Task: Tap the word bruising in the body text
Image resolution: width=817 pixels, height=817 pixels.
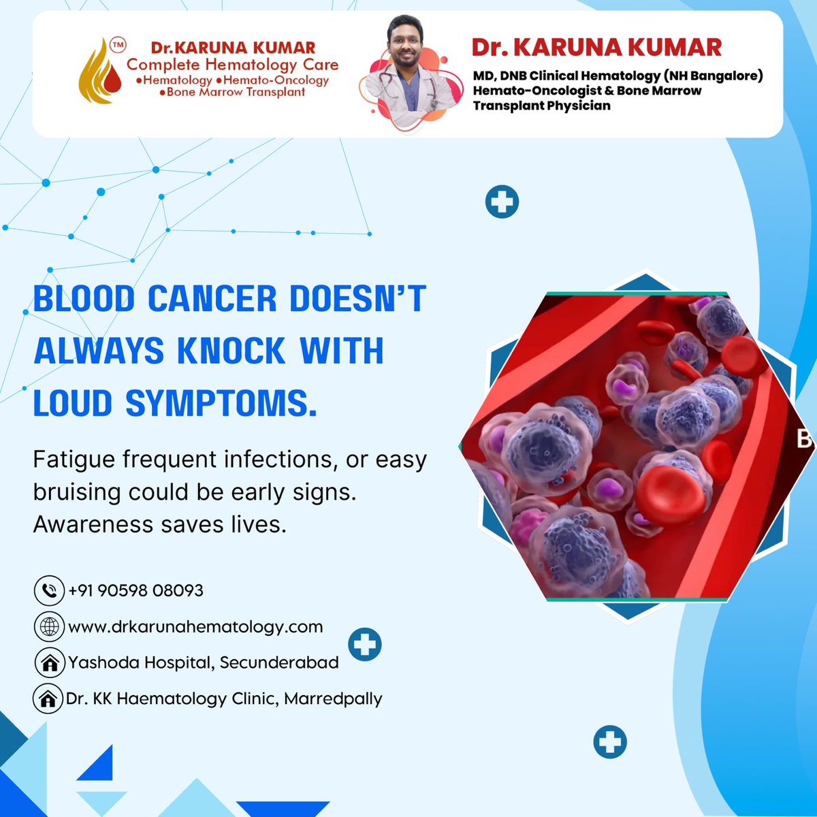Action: pyautogui.click(x=77, y=492)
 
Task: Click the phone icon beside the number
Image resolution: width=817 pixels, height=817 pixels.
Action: pyautogui.click(x=49, y=590)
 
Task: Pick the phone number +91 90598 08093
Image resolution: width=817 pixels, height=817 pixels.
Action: pyautogui.click(x=135, y=590)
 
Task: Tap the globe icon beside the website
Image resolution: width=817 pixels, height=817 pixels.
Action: pyautogui.click(x=49, y=627)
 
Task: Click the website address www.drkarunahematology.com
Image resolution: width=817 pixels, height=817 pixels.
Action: pyautogui.click(x=195, y=626)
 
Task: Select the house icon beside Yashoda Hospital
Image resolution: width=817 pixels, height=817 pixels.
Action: pyautogui.click(x=49, y=663)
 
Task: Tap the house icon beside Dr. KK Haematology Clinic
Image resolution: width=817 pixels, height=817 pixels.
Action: pyautogui.click(x=48, y=699)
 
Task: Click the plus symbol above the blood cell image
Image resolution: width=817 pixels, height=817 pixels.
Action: pyautogui.click(x=502, y=202)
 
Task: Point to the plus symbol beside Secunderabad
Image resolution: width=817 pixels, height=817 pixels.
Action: pyautogui.click(x=365, y=644)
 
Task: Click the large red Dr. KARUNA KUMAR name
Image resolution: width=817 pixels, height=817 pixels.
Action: pyautogui.click(x=596, y=48)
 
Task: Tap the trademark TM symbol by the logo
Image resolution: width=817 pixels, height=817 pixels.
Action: pyautogui.click(x=118, y=46)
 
